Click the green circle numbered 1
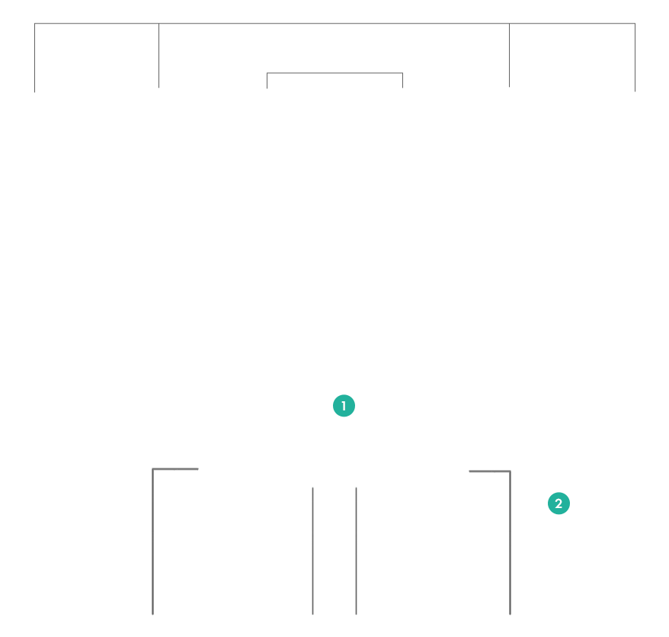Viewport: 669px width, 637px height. (344, 405)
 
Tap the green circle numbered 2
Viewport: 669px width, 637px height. (559, 503)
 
